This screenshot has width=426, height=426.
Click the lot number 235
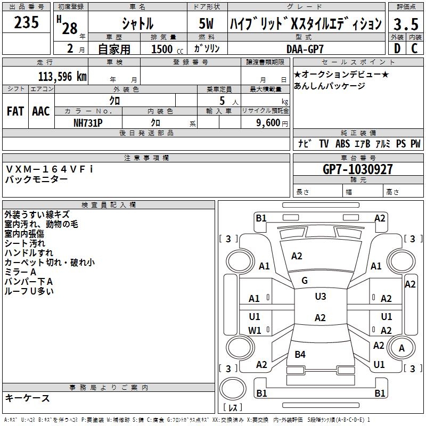(x=26, y=23)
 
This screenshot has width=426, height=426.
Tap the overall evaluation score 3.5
(x=405, y=24)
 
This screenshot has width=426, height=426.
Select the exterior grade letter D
(x=397, y=48)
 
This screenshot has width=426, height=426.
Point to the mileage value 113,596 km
(x=62, y=76)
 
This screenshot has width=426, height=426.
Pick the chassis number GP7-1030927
(x=358, y=169)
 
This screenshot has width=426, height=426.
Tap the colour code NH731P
(x=88, y=122)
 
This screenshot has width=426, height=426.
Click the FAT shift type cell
(x=15, y=111)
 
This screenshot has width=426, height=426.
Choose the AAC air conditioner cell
(x=40, y=111)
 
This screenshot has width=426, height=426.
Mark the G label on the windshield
(x=305, y=280)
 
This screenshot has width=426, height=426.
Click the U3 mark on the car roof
(x=320, y=297)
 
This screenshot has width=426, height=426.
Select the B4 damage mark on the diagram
(x=300, y=354)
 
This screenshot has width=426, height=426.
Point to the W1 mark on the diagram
(x=255, y=330)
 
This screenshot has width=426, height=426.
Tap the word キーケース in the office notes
(x=27, y=398)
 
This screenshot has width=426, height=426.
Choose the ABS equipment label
(x=342, y=144)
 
